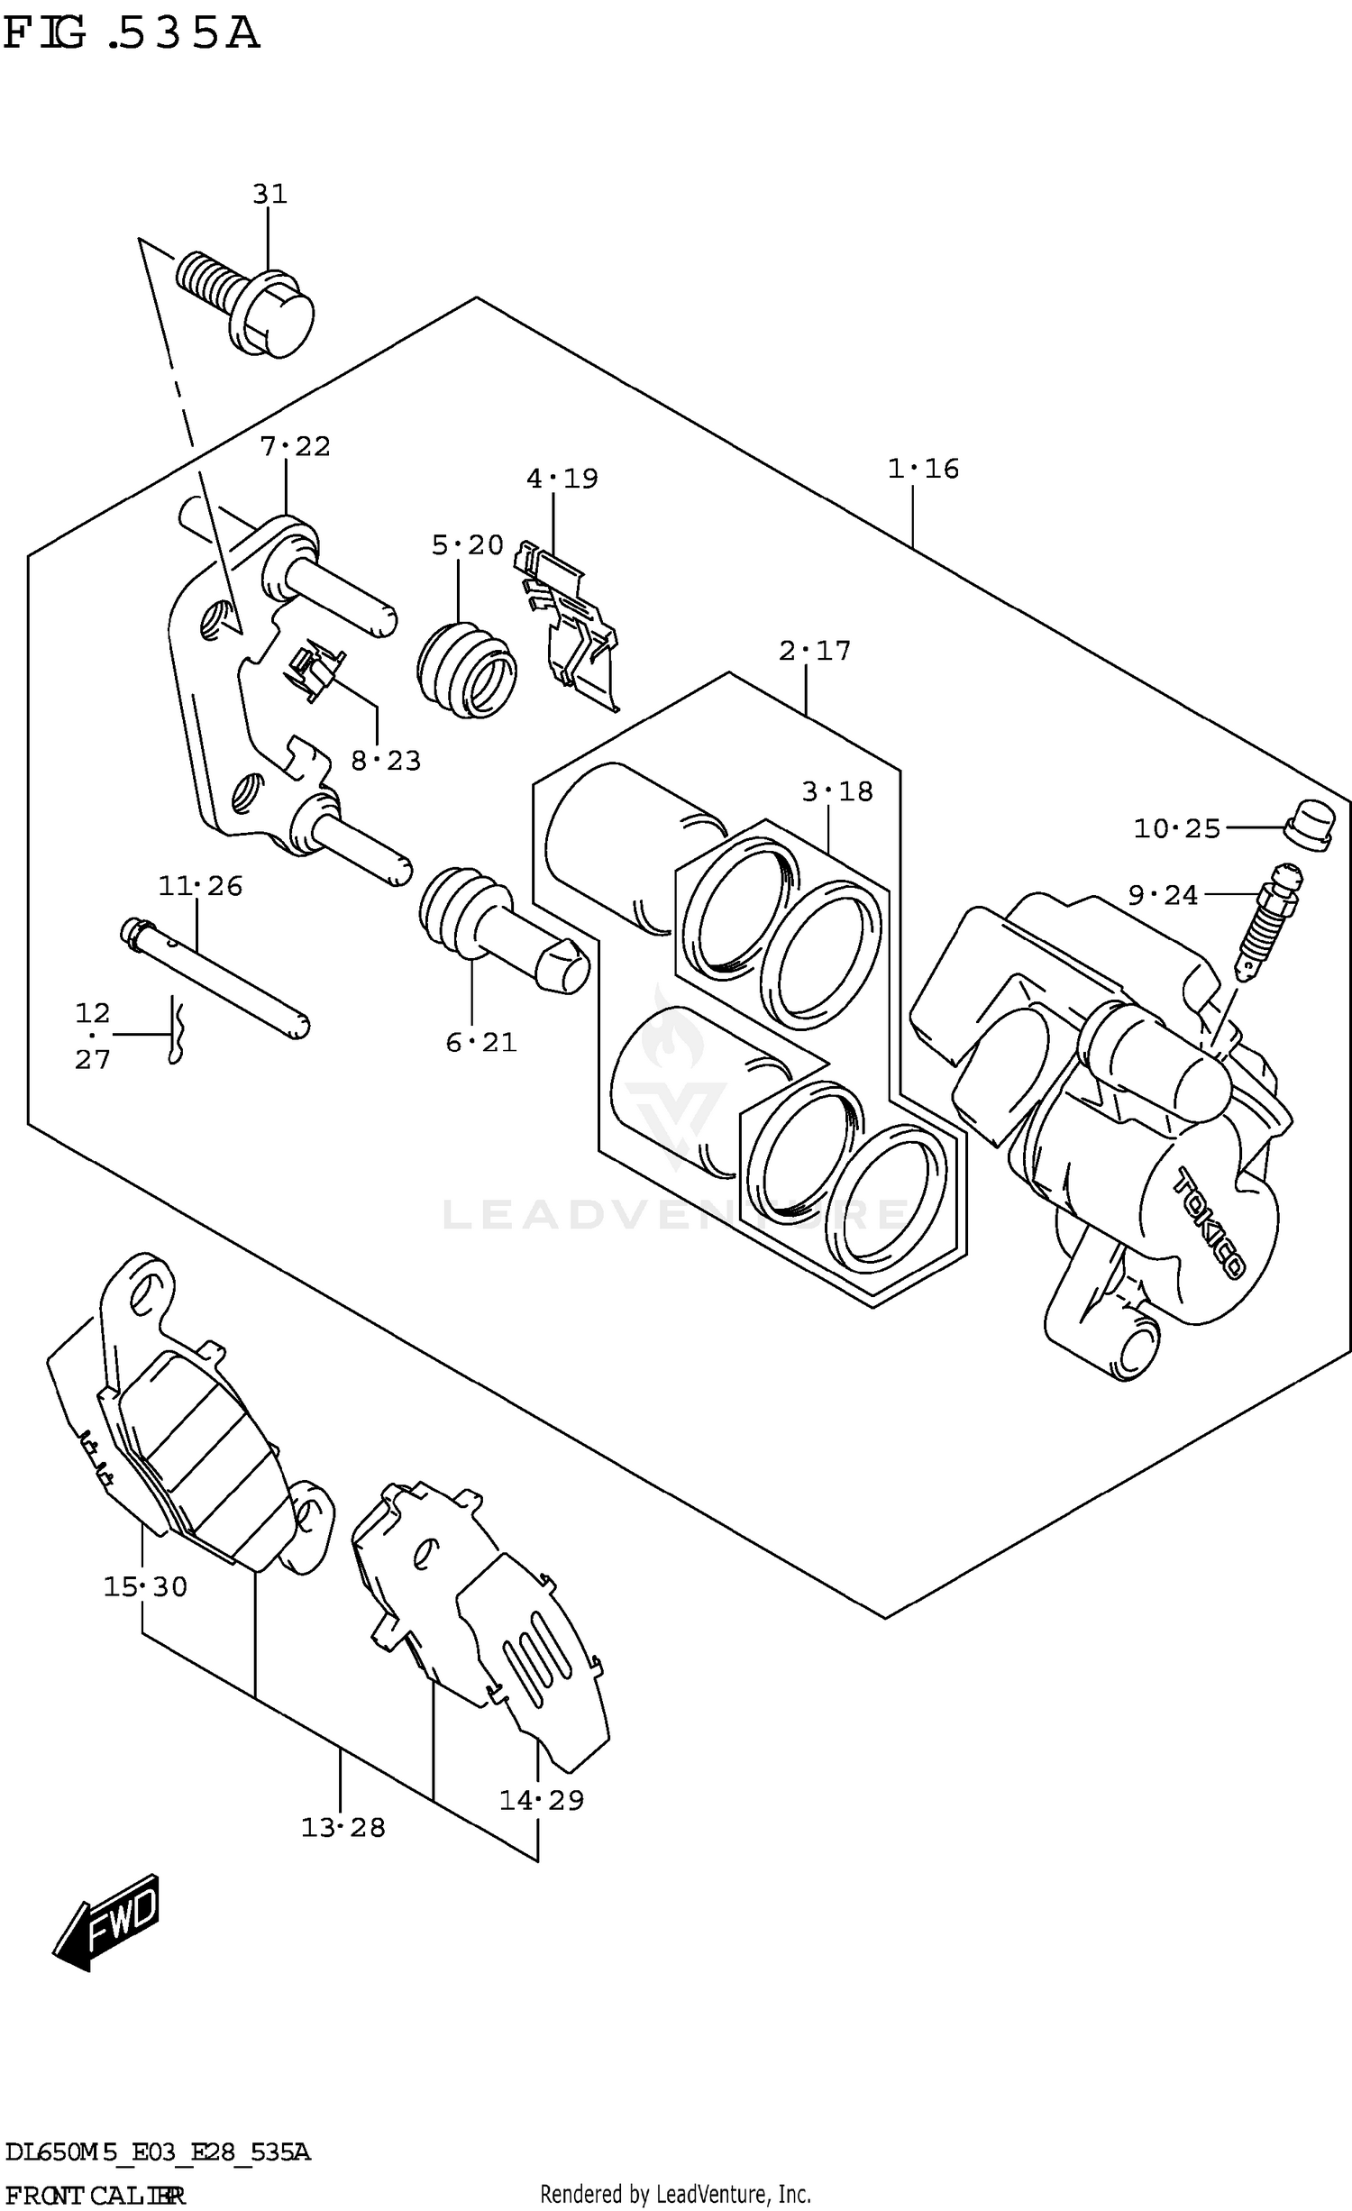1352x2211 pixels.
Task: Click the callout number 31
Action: pos(269,194)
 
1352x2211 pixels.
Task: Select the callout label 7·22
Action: pos(295,446)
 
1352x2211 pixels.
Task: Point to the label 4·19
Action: pos(562,478)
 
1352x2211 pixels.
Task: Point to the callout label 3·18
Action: pos(837,791)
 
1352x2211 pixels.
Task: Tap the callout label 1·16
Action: pos(923,469)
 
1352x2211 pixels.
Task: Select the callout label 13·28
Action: pos(343,1827)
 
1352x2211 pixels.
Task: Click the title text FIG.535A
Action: pos(132,34)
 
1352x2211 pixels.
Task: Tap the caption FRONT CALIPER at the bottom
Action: pos(95,2194)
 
